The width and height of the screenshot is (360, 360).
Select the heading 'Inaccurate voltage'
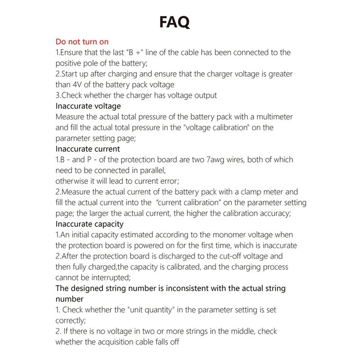pyautogui.click(x=88, y=106)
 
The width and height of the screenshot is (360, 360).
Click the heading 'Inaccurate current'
pyautogui.click(x=88, y=149)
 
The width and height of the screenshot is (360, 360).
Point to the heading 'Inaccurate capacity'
pyautogui.click(x=89, y=224)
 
